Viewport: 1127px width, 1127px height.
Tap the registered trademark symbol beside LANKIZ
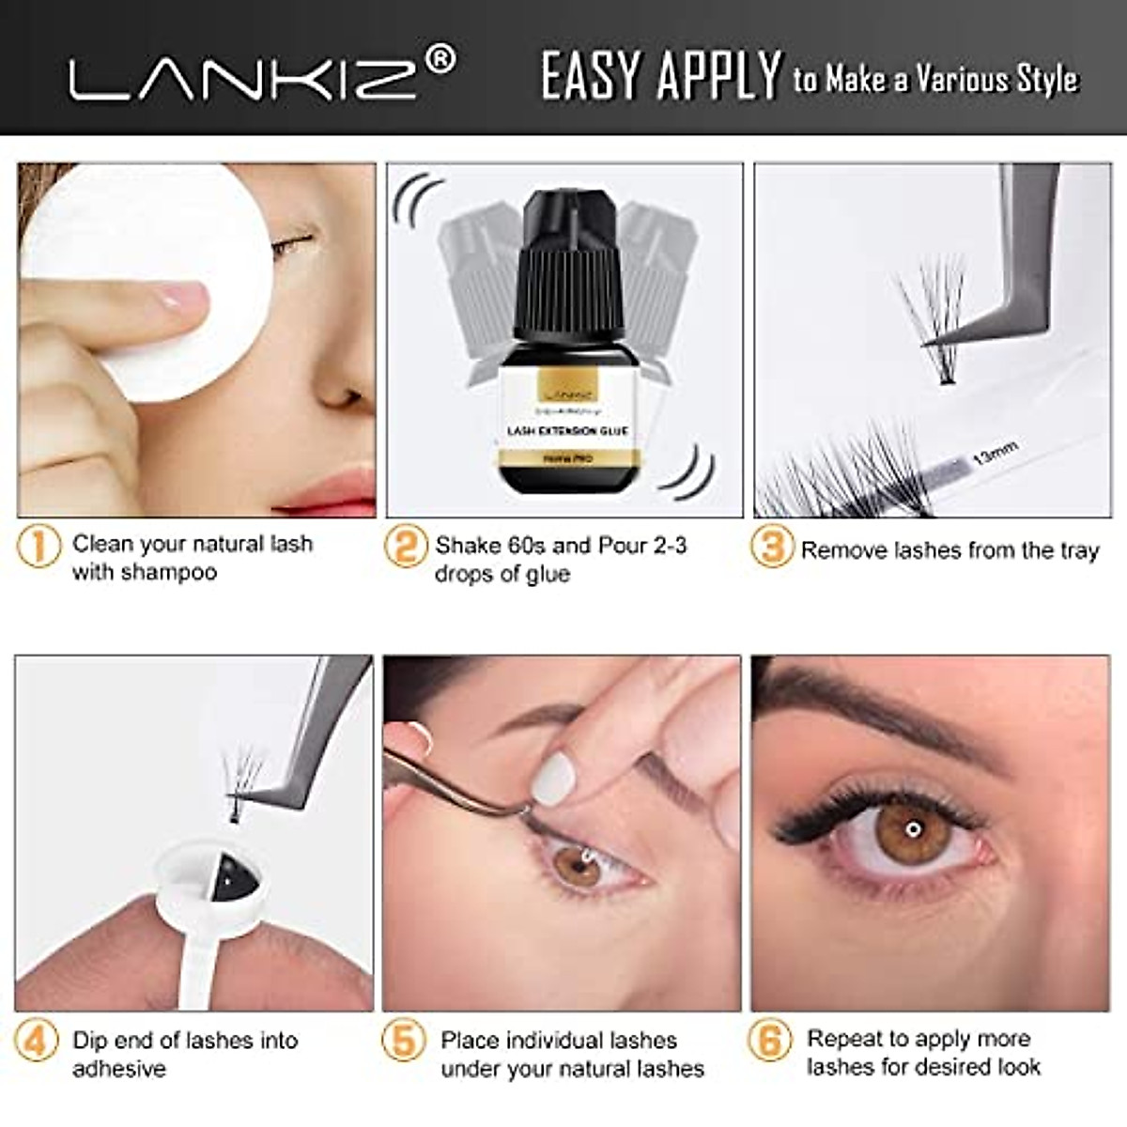[440, 61]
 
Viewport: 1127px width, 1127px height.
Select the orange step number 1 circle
[39, 546]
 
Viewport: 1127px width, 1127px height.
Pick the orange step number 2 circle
[406, 546]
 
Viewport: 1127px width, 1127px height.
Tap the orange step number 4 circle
[37, 1041]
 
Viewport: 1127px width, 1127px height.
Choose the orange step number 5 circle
[403, 1041]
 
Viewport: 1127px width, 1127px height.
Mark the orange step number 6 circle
[769, 1041]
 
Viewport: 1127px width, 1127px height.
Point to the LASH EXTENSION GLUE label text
[567, 431]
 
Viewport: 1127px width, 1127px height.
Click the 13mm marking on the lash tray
[995, 455]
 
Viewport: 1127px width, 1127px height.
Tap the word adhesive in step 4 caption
[119, 1069]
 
